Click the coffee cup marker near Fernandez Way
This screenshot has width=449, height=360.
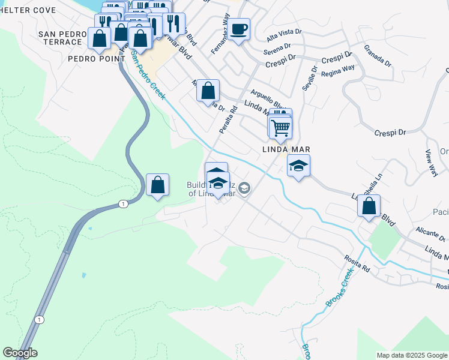(238, 29)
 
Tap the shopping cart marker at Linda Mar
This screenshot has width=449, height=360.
(280, 127)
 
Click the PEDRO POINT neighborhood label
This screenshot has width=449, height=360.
(96, 59)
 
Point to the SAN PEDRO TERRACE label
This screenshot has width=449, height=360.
(60, 38)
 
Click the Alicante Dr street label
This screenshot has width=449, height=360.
(430, 232)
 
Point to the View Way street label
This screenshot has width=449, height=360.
(432, 163)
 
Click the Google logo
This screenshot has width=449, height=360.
(20, 353)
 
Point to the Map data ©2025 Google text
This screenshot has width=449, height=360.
(412, 355)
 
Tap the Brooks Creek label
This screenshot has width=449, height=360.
(339, 287)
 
